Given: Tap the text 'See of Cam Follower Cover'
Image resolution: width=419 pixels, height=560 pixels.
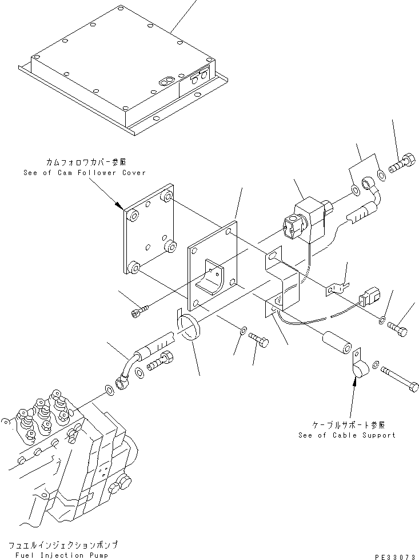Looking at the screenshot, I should [84, 173].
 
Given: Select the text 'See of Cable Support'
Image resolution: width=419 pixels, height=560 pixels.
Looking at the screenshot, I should [346, 435].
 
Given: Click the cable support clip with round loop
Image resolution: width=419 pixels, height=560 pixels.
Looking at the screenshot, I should [360, 369].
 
